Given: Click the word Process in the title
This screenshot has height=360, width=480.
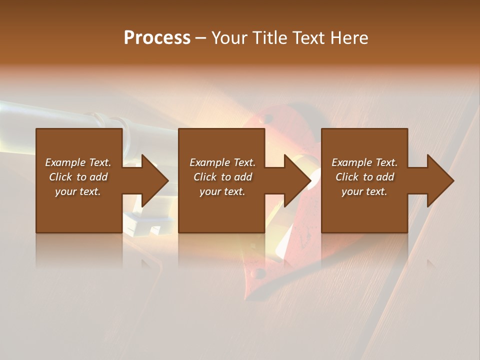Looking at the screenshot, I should pos(157,37).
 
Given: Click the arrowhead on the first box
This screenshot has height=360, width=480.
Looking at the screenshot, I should pos(154,180).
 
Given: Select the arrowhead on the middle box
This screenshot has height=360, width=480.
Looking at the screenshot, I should pos(297,180).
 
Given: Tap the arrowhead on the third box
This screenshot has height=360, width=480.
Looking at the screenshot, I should pos(440,180).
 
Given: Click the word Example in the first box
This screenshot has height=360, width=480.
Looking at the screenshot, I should pos(65,162).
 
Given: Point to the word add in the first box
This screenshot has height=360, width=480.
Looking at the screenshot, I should pos(99,176).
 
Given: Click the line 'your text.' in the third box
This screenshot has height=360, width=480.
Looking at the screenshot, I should pos(364,191).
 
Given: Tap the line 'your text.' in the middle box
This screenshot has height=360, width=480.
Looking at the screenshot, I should pos(222,191).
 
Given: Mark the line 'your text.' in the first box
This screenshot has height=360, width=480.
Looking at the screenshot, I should pos(78,191).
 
